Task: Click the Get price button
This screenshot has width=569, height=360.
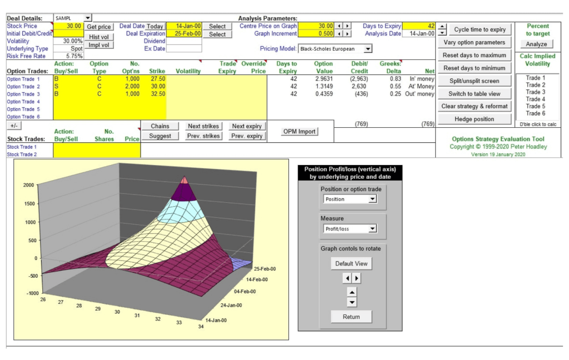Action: coord(99,27)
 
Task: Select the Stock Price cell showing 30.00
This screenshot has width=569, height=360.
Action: coord(68,26)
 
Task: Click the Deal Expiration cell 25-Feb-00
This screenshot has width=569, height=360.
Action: coord(184,34)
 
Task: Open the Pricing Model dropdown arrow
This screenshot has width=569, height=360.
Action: coord(368,49)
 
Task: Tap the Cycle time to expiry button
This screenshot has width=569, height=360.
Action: coord(480,29)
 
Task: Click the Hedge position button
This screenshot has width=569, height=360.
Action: coord(475,119)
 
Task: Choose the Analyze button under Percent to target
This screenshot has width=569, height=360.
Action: coord(536,44)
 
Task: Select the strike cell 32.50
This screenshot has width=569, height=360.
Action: coord(158,94)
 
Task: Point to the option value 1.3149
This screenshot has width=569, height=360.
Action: coord(324,86)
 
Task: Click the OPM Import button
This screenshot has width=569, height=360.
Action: coord(300,131)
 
